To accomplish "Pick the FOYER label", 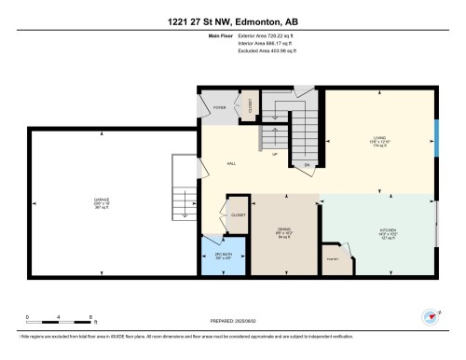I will pyautogui.click(x=220, y=108).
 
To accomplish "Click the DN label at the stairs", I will pyautogui.click(x=307, y=165).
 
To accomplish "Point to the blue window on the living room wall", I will pyautogui.click(x=436, y=137).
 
